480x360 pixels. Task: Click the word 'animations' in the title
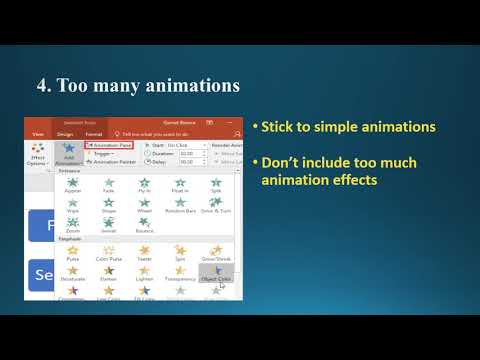(x=186, y=87)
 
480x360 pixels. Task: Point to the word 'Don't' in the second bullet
(x=281, y=162)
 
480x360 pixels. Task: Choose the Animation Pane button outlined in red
(x=109, y=144)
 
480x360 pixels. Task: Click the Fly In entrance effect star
(x=145, y=184)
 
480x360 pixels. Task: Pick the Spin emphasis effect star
(x=179, y=252)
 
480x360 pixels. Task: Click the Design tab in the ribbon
(x=65, y=132)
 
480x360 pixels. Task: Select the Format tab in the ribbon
(x=94, y=132)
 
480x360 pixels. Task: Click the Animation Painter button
(x=112, y=161)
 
